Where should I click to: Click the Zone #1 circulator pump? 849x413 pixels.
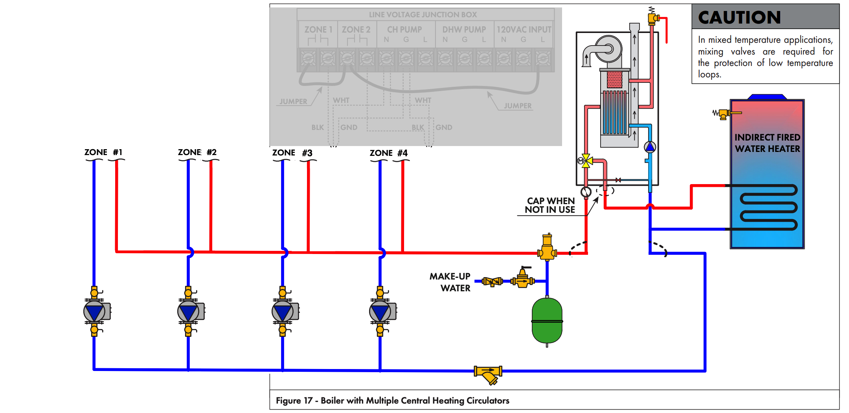pos(95,312)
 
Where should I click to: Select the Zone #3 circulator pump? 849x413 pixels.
pos(283,312)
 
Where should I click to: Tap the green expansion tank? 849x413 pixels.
pos(547,321)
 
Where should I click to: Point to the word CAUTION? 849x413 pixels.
pos(739,17)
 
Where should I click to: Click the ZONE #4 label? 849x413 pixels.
pos(388,153)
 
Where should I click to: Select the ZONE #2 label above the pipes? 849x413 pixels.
pos(197,152)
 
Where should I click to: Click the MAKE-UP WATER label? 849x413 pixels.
pos(450,282)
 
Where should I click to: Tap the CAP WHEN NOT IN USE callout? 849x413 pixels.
pos(550,205)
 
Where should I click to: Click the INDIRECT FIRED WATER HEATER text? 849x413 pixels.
pos(767,143)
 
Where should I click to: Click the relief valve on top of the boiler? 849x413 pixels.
pos(653,18)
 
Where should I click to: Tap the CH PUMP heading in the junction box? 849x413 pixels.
pos(404,29)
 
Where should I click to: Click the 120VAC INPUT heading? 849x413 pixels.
pos(524,29)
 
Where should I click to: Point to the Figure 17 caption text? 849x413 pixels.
pos(392,400)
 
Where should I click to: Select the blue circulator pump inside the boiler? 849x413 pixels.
pos(650,147)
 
